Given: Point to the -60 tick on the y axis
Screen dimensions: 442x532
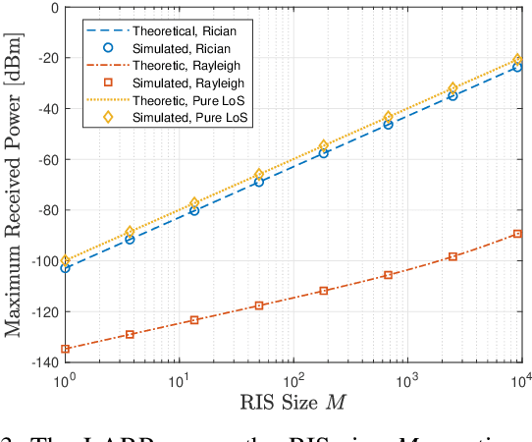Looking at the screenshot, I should click(x=42, y=160).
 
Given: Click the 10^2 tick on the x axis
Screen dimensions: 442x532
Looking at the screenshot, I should click(x=293, y=378).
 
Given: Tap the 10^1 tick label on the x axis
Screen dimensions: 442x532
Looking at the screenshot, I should click(x=179, y=378).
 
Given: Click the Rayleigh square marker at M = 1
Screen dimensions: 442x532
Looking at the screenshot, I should click(x=66, y=349).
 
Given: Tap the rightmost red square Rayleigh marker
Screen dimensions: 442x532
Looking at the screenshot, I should click(x=517, y=234).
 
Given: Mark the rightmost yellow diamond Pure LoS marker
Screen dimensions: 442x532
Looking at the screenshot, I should click(x=517, y=59).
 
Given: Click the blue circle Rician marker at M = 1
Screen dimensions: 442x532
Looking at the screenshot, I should click(x=66, y=267).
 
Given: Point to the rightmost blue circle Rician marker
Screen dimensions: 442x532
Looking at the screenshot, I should click(x=517, y=67).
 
